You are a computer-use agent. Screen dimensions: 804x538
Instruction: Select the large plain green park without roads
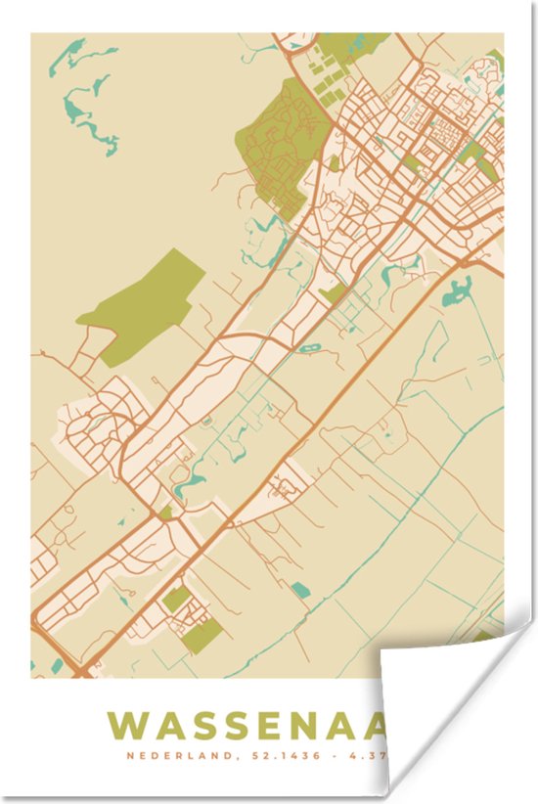coord(145,303)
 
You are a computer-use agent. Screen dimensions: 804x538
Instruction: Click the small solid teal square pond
coord(301,589)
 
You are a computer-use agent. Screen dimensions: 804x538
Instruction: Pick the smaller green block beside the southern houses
coord(177,600)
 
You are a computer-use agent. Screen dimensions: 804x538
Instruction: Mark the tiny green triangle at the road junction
coord(166,512)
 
